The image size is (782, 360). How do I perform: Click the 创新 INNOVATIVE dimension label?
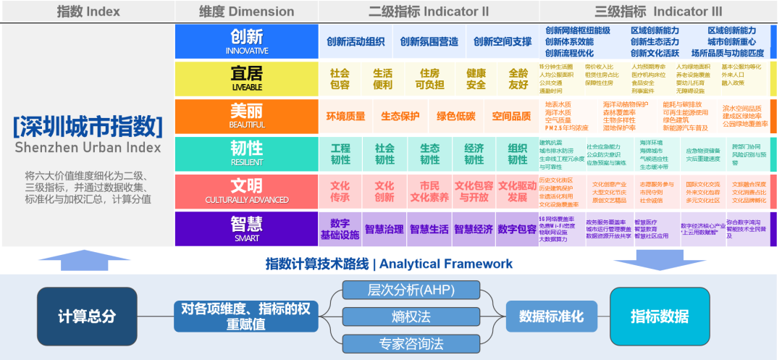[x=247, y=41]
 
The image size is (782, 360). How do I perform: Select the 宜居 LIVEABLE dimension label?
[x=247, y=78]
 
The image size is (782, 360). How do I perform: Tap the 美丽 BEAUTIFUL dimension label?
[x=247, y=116]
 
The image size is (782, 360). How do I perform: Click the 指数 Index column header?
[x=88, y=12]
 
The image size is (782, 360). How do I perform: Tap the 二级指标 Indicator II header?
[x=429, y=12]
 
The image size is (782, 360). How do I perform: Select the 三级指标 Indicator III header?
[x=658, y=12]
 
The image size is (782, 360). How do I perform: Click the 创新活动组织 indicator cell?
[x=356, y=42]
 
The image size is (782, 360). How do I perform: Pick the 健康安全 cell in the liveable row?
[x=476, y=79]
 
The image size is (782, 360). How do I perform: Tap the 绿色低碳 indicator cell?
[x=456, y=117]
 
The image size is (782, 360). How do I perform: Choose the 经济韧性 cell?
[x=474, y=154]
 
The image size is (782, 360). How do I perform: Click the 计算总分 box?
[x=87, y=317]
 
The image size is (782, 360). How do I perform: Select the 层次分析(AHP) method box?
[x=411, y=290]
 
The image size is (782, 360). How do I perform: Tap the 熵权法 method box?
[x=411, y=317]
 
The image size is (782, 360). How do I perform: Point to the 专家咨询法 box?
[x=411, y=343]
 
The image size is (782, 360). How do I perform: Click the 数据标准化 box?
[x=551, y=317]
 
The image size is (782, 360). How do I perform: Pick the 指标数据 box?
[x=660, y=317]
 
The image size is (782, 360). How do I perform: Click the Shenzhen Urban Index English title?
[x=88, y=148]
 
